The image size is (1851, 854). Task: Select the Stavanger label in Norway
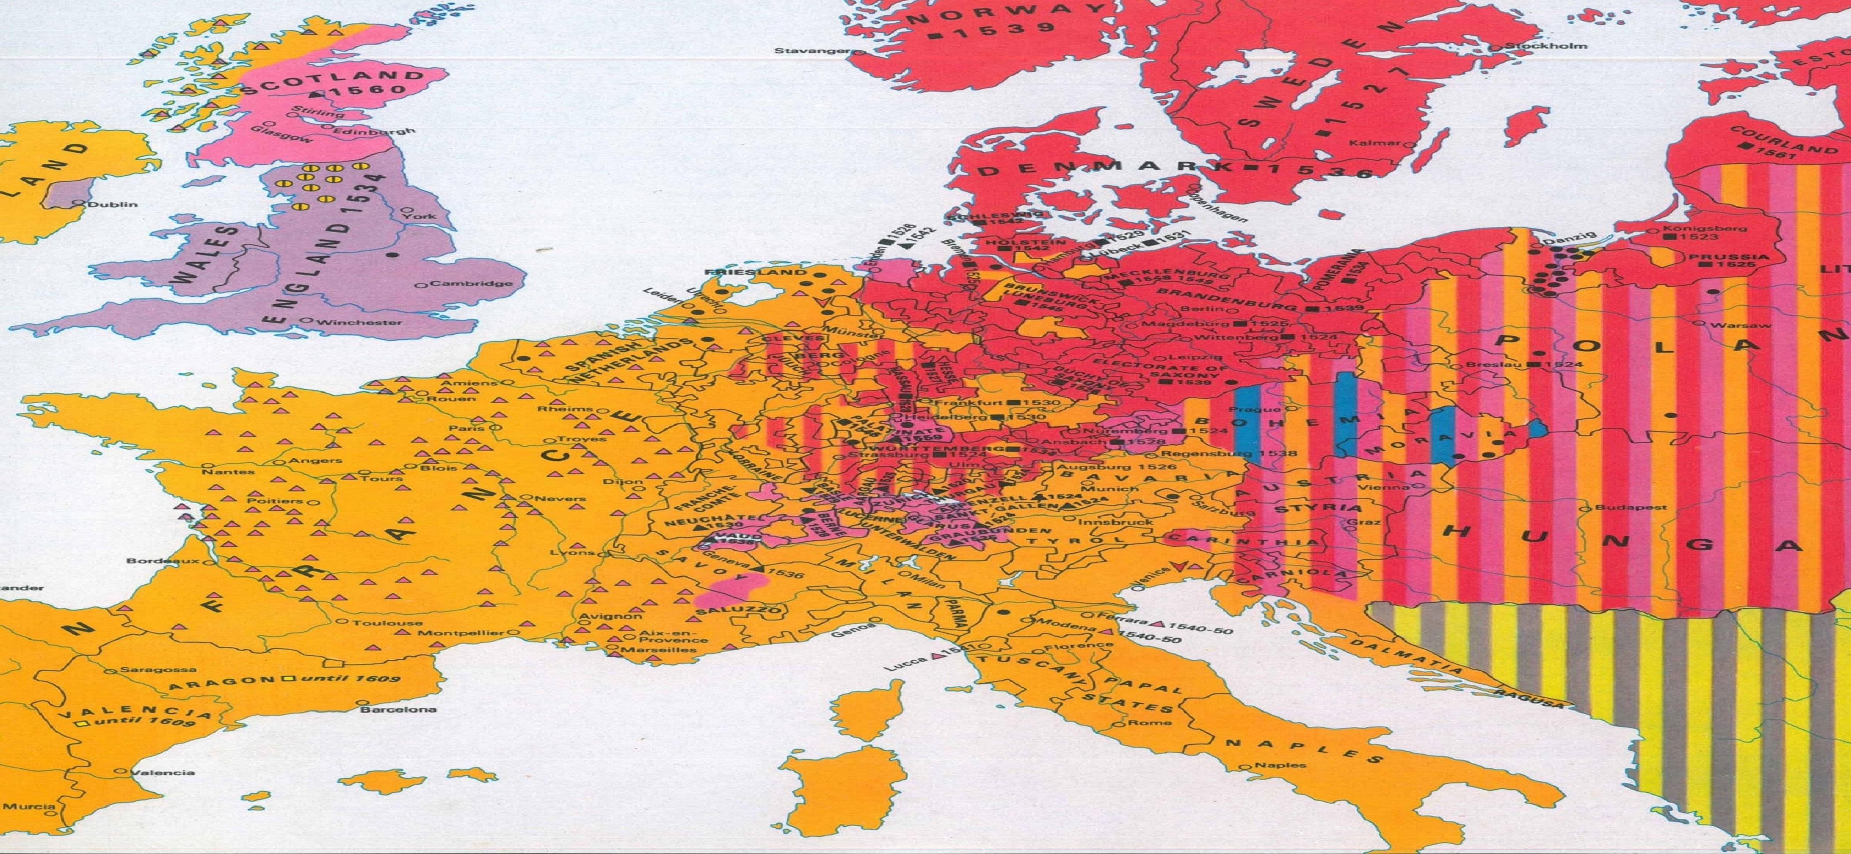point(811,51)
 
